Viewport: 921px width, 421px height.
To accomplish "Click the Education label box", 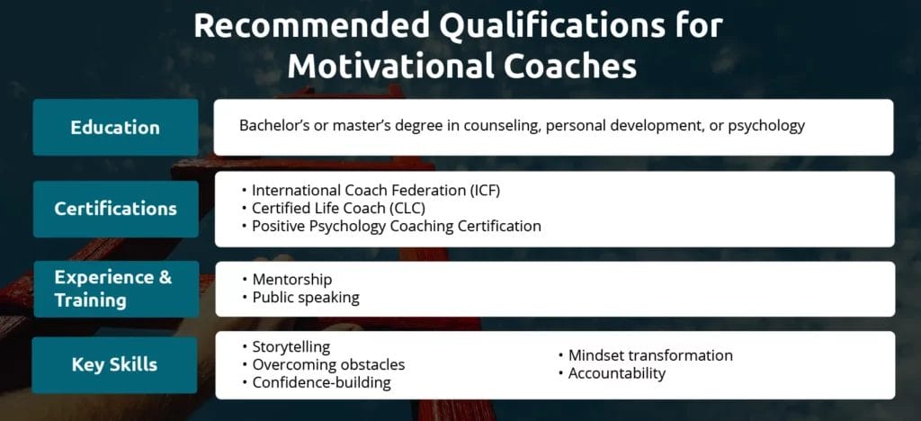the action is [x=116, y=128].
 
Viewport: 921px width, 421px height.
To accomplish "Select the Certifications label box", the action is [x=116, y=209].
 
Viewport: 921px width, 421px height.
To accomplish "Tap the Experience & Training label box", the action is [x=116, y=289].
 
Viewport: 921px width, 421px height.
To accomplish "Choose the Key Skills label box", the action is [x=114, y=364].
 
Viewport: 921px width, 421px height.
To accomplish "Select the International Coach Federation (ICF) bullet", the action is [x=371, y=190].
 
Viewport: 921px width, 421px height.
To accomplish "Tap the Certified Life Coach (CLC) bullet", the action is [x=333, y=208].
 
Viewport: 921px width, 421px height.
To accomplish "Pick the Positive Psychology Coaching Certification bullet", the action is [x=391, y=226].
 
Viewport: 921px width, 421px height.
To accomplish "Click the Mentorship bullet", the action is [x=287, y=280].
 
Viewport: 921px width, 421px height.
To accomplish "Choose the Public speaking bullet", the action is [x=300, y=297].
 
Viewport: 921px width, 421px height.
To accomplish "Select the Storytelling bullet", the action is [x=285, y=346].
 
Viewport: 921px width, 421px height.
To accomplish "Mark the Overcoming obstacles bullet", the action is [x=323, y=364].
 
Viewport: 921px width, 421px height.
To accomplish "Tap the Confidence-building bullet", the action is [x=316, y=382].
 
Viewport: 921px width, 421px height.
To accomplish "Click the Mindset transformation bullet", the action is [x=645, y=355].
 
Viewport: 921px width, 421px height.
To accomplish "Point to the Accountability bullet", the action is [x=612, y=373].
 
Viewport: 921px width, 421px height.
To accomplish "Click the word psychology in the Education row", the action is [x=766, y=126].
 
